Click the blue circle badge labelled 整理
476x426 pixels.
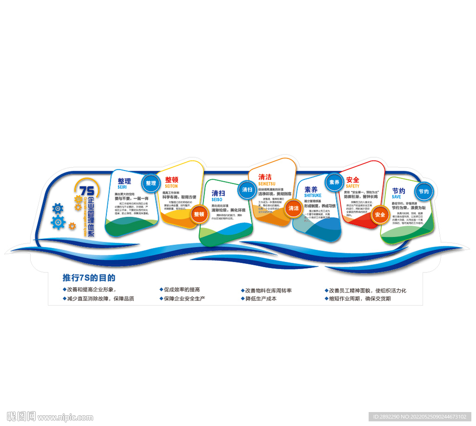coord(151,183)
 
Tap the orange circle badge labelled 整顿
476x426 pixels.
coord(199,214)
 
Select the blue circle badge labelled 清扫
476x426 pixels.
coord(247,189)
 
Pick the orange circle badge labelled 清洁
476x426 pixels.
coord(294,208)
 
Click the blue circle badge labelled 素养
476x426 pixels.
coord(334,182)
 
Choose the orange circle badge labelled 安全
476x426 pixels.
coord(380,214)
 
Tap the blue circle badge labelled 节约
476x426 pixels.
coord(423,191)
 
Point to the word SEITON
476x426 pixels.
coord(170,186)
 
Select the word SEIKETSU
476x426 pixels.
coord(267,184)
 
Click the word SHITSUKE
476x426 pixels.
coord(313,196)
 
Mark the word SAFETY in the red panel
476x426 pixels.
coord(353,186)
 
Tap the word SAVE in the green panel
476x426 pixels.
coord(396,197)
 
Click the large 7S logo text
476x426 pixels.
coord(86,190)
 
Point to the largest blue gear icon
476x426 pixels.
coord(58,222)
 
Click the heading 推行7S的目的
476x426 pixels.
coord(89,278)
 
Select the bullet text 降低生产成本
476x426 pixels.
coord(261,299)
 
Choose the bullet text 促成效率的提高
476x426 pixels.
coord(182,290)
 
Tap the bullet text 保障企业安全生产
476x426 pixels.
coord(185,299)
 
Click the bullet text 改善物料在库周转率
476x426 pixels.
coord(268,290)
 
